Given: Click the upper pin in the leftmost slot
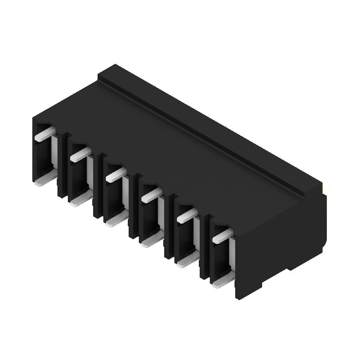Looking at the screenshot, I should (45, 135).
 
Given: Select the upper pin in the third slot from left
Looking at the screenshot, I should (116, 175).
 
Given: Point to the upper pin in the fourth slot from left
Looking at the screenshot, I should (152, 195).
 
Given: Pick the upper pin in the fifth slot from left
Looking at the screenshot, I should (187, 216).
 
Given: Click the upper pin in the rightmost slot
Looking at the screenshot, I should (223, 236).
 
